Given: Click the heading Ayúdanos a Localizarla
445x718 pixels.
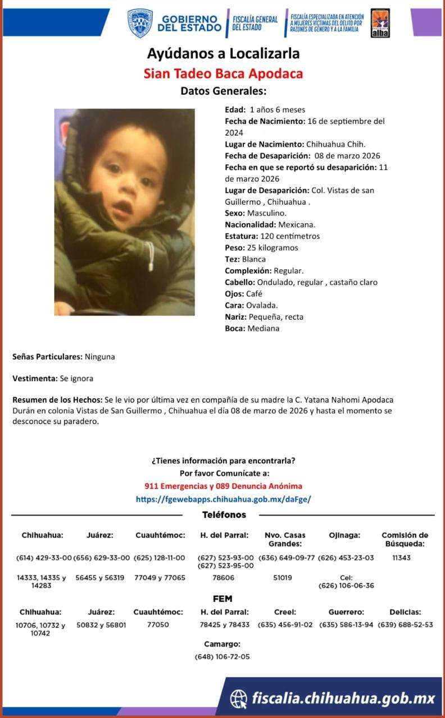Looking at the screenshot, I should point(223,54).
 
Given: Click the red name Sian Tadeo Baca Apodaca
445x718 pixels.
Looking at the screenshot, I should point(223,73).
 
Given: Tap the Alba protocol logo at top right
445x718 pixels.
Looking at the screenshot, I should point(380,24).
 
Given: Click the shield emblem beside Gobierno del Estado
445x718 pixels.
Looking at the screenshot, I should point(140,24).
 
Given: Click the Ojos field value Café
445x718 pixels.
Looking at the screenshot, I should point(254,294).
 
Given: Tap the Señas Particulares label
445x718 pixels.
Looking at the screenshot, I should point(47,357).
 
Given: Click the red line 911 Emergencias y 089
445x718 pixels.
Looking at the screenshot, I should point(223,486).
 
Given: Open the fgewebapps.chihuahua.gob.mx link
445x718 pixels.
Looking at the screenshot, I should point(223,499).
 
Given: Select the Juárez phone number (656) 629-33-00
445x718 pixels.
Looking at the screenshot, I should point(102,558).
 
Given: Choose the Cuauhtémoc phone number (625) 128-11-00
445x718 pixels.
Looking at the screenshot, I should point(160,558).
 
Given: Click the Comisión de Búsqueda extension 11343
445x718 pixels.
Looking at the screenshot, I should point(401,558).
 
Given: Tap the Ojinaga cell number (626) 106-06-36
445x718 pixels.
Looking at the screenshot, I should point(346,586).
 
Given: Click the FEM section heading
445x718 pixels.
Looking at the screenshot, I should point(222,599).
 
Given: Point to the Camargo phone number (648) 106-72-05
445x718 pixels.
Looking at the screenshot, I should point(222,657).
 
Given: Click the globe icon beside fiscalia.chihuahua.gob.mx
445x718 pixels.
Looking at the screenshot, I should point(239,698).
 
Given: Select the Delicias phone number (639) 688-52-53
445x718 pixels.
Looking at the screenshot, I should point(405,625).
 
